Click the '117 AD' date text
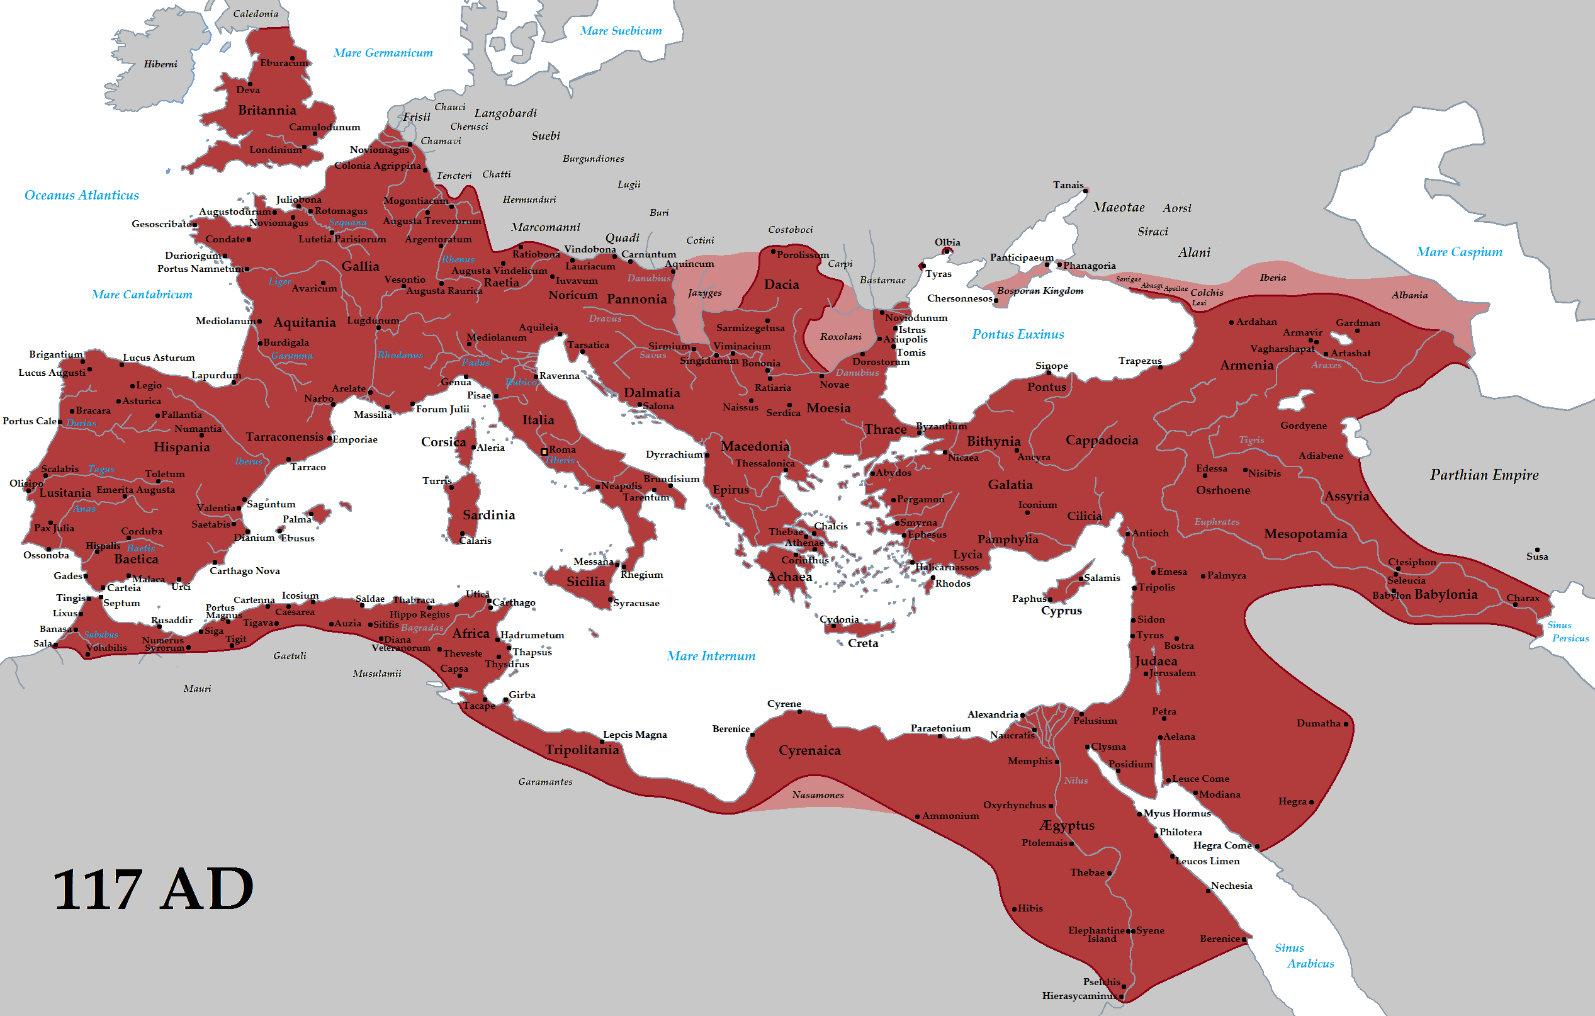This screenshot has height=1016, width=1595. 153,889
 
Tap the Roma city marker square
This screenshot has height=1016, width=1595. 544,452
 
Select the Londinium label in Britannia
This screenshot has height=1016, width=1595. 275,150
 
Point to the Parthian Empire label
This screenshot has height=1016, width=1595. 1484,474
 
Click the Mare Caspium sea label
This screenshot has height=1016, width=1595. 1459,252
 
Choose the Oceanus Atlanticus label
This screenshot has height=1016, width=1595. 81,195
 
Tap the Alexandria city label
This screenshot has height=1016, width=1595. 992,714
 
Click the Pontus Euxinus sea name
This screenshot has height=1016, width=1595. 1017,334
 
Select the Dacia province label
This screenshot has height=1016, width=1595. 782,284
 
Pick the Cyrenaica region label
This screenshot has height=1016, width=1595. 809,750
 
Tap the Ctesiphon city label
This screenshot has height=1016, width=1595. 1412,562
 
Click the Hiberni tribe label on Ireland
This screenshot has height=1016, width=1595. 161,64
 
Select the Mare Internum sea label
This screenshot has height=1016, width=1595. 711,656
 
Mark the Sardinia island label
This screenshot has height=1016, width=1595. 489,515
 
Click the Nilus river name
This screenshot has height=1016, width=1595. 1076,780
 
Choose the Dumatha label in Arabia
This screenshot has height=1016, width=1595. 1318,723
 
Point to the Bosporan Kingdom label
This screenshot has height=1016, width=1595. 1040,291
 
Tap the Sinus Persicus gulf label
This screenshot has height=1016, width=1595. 1566,631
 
